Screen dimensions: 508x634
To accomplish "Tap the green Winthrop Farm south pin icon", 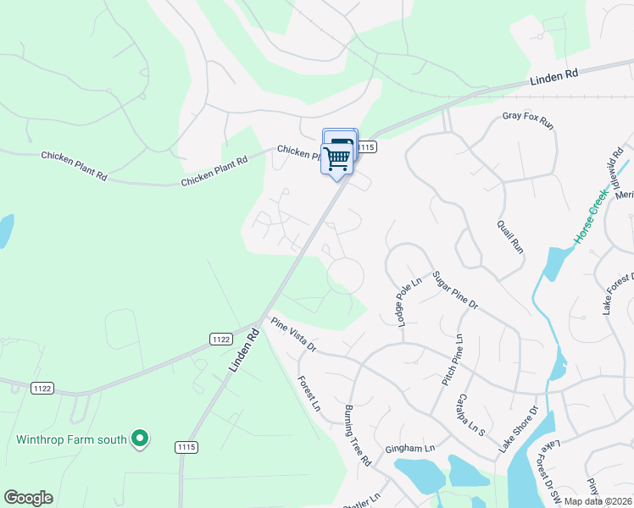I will coord(141,439).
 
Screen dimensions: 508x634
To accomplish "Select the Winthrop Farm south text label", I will coord(71,439).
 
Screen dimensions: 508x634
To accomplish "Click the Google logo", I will coord(28,498).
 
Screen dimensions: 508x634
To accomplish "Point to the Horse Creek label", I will coord(591,217).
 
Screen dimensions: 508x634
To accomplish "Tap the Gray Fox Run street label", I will coord(527,120).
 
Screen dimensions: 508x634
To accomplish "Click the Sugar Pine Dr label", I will coord(456,290).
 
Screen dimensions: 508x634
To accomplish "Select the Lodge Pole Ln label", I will coord(404,301).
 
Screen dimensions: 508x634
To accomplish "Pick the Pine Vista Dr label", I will coord(293,334).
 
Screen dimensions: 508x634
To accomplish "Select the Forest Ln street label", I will coord(309,394).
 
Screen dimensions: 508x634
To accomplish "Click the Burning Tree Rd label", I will coord(358,436).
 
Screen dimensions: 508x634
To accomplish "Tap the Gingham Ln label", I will coord(409,448).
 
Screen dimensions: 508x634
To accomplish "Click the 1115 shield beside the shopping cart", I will coord(365,147).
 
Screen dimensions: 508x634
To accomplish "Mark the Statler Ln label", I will coord(364,500).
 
